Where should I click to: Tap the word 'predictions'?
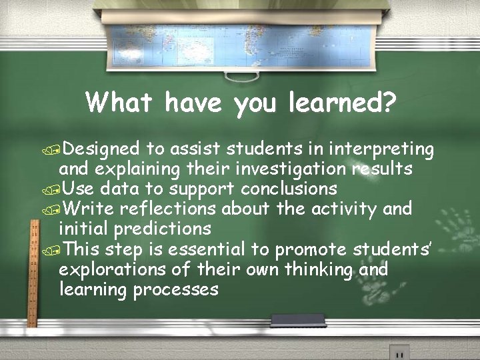coord(163,229)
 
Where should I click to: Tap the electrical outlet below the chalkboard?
coord(399,352)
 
